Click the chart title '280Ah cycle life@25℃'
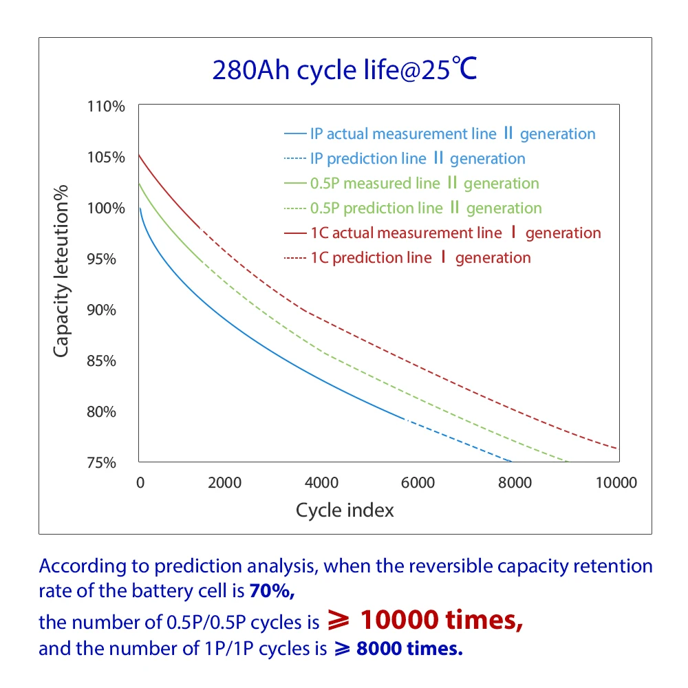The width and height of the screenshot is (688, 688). tap(344, 70)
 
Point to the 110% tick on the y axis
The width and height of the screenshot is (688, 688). tap(105, 107)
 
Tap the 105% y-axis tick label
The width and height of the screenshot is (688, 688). tap(105, 158)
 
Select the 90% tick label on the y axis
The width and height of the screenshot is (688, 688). tap(105, 310)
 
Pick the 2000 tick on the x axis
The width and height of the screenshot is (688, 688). tap(224, 482)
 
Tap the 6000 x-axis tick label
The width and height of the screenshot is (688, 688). tap(418, 482)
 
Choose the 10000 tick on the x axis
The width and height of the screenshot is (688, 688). tap(615, 482)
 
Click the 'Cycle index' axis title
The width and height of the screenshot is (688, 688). tap(345, 510)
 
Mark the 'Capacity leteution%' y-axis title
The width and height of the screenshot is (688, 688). tap(62, 270)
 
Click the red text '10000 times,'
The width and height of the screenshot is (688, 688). tap(441, 620)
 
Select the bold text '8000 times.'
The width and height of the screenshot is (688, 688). tap(409, 649)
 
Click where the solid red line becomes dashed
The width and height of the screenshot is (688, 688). tap(199, 226)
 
